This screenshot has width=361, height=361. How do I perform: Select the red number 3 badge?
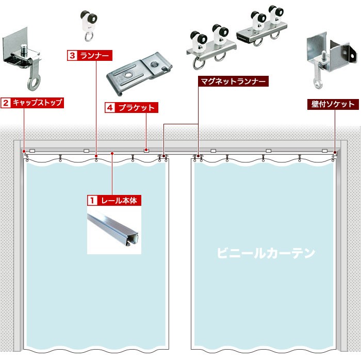point(72,54)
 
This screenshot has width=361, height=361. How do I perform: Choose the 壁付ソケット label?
point(334,104)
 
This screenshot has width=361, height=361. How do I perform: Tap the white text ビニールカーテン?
point(265,253)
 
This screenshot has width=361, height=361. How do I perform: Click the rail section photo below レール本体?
point(114,231)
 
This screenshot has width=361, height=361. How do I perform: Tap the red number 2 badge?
point(6,103)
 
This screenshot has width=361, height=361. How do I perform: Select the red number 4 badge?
point(109,108)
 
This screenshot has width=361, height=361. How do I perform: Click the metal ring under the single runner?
point(89,36)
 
